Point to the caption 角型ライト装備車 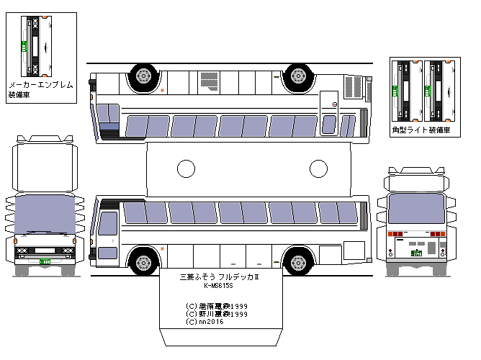click(421, 130)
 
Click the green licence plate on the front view click(45, 262)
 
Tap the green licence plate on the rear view click(415, 252)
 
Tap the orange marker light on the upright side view click(163, 249)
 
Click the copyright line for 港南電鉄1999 click(217, 306)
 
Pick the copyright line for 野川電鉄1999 click(217, 314)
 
